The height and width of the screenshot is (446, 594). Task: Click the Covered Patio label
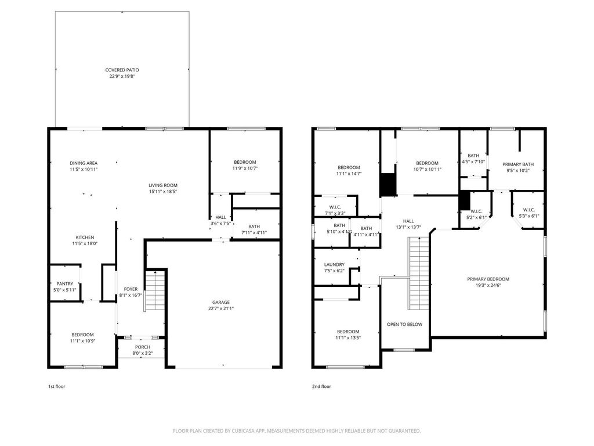[x=122, y=70]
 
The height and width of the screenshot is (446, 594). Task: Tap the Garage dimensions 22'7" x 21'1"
[x=220, y=309]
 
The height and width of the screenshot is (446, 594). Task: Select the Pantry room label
[x=64, y=284]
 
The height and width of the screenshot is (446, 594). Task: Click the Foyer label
[x=131, y=289]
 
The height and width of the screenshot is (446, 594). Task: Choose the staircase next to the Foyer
[x=155, y=292]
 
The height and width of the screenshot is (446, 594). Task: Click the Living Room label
[x=162, y=185]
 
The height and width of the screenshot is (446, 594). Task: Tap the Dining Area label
[x=84, y=163]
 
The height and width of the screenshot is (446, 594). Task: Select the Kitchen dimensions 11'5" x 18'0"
[x=84, y=244]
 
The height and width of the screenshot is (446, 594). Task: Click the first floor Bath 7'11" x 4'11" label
[x=254, y=227]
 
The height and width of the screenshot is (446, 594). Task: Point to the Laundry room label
[x=334, y=264]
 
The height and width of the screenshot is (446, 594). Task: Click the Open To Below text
[x=404, y=325]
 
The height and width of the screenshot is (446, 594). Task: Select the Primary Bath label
[x=518, y=164]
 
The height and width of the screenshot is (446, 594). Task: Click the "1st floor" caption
[x=56, y=386]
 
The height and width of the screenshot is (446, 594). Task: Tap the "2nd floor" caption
[x=321, y=386]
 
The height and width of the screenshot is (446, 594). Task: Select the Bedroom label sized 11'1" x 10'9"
[x=82, y=334]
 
